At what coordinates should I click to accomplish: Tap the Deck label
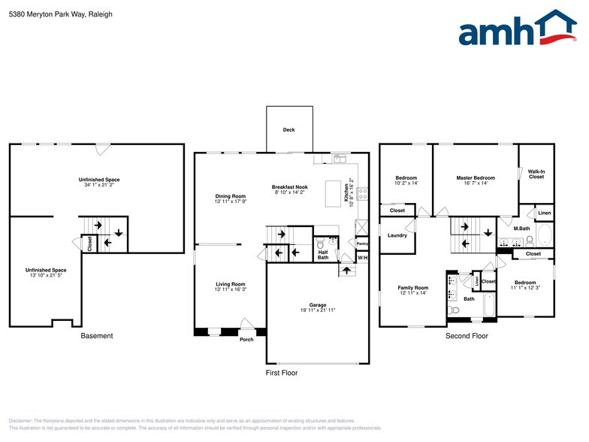coord(288,130)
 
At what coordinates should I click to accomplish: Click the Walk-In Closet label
coord(536,174)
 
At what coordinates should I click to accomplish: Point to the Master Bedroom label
coord(476,178)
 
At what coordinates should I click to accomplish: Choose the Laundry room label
coord(397,235)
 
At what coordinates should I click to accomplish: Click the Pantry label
coord(362,244)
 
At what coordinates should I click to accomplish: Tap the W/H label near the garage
coord(362,258)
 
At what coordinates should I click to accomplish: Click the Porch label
coord(247,339)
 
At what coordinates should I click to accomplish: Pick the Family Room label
coord(412,288)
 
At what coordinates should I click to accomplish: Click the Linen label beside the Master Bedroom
coord(544,213)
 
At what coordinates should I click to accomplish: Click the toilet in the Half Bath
coord(321,244)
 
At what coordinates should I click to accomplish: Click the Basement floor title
coord(96,336)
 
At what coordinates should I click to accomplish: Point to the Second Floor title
coord(466,336)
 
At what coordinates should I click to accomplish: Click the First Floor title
coord(282,373)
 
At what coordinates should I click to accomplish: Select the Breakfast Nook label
coord(290,186)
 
